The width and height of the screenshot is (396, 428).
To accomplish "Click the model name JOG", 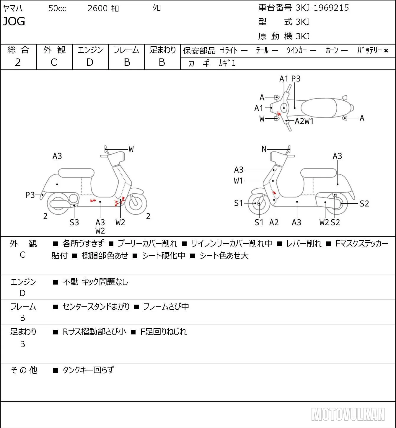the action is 14,21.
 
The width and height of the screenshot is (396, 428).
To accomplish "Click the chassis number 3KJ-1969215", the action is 322,8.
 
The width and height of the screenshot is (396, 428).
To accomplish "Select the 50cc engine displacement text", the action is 57,8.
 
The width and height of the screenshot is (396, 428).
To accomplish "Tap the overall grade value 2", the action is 18,62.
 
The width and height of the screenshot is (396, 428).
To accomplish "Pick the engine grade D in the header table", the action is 90,62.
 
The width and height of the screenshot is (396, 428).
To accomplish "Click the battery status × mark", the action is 386,51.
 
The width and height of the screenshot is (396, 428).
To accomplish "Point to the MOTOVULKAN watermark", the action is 348,414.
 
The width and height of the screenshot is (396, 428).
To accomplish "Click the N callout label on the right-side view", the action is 264,149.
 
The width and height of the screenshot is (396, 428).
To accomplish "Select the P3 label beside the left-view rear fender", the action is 30,195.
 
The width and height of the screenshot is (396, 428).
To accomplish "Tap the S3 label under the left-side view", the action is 74,222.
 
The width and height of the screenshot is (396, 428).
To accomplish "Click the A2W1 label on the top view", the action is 304,121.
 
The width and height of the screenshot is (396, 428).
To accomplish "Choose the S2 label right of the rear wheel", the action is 364,203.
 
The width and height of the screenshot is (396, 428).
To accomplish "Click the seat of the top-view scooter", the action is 319,107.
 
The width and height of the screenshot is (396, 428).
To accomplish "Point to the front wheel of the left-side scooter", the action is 136,203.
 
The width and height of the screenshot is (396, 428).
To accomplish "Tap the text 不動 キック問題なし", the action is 95,282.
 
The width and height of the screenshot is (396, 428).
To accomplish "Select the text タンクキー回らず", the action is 88,370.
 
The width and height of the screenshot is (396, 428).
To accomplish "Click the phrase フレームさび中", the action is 166,306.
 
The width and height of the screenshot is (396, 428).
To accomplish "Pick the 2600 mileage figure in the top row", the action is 97,8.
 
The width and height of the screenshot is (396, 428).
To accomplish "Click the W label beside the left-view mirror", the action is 131,149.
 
